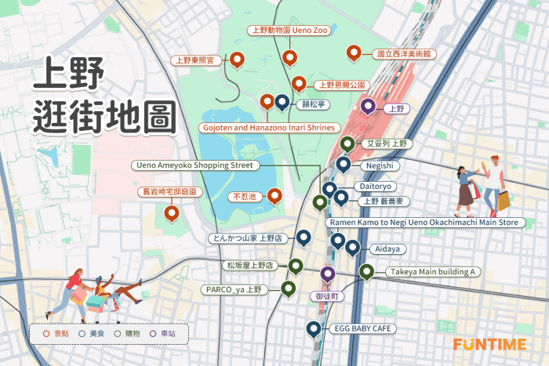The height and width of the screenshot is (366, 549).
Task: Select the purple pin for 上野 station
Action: pyautogui.click(x=368, y=107)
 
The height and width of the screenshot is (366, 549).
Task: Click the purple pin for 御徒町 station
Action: pyautogui.click(x=328, y=274)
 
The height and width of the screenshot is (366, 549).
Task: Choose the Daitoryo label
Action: pyautogui.click(x=375, y=187)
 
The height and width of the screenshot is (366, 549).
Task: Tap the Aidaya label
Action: pyautogui.click(x=389, y=248)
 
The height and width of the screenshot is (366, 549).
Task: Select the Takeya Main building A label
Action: pyautogui.click(x=430, y=272)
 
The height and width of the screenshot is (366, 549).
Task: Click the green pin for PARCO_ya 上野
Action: pyautogui.click(x=289, y=288)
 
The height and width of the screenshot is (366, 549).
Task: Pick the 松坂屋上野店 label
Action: pyautogui.click(x=249, y=266)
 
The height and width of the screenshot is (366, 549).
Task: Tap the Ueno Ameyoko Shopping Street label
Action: pyautogui.click(x=195, y=165)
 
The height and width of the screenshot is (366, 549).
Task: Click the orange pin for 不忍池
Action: pyautogui.click(x=274, y=196)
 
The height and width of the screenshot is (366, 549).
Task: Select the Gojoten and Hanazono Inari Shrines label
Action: pyautogui.click(x=268, y=127)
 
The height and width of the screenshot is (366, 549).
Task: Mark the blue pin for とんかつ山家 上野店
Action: pyautogui.click(x=303, y=237)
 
